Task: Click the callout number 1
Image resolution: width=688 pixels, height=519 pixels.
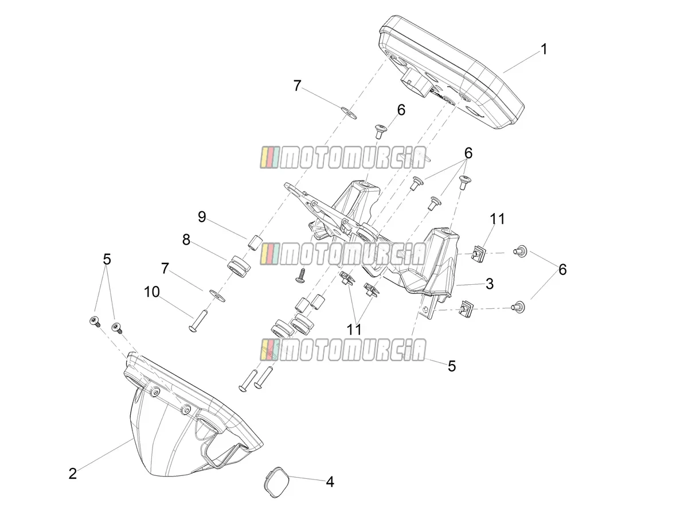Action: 544,49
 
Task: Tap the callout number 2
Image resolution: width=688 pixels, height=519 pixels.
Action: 73,474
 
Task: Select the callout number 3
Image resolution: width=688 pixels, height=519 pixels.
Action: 489,284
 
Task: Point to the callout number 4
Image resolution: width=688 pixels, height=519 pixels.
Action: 330,482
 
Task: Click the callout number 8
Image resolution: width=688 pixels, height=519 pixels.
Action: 186,240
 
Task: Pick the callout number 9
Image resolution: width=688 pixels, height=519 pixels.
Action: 202,217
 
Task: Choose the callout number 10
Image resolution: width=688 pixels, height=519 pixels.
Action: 152,292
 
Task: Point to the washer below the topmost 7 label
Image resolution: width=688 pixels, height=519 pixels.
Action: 349,113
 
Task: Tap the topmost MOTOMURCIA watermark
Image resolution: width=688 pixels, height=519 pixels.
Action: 343,157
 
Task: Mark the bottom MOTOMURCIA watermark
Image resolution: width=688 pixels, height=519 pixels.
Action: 343,350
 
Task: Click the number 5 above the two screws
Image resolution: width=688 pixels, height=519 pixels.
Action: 107,259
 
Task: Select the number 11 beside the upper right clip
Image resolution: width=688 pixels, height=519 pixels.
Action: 497,219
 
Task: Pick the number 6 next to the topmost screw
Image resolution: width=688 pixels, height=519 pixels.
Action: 401,110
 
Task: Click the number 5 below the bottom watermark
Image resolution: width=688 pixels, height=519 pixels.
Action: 451,366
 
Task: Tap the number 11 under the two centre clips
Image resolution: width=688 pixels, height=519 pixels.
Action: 354,330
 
